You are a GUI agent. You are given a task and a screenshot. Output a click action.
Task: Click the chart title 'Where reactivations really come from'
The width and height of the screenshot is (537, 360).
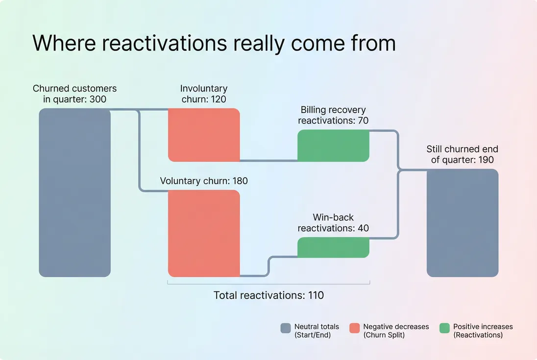coord(214,43)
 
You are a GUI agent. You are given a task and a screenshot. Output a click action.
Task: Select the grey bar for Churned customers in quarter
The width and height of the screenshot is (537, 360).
coord(74,192)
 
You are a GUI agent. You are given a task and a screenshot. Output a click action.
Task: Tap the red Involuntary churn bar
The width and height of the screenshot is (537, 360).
coord(204,135)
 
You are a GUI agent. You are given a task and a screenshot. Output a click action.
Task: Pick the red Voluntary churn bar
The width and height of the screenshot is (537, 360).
coord(204,234)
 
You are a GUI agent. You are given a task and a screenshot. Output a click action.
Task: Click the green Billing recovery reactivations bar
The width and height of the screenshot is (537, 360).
coord(333,146)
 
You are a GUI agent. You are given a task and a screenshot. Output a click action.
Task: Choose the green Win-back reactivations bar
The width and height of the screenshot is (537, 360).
coord(333,247)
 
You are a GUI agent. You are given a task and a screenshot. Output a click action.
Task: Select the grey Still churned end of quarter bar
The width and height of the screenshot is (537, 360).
coord(463,223)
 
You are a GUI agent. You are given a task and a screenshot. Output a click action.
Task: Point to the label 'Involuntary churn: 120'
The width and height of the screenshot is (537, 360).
coord(204,94)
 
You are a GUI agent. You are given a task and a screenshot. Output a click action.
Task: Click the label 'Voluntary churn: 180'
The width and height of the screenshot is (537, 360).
coord(204,181)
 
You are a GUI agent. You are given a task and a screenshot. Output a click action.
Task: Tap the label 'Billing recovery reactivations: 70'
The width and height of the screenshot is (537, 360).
coord(333,115)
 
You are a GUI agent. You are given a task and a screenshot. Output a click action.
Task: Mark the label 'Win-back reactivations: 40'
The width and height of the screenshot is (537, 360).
coord(333,222)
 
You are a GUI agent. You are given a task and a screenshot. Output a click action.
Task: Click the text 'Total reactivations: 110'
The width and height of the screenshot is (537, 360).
coord(268,295)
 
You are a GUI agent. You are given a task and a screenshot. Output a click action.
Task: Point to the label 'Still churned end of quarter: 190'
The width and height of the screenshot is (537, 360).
coord(463,154)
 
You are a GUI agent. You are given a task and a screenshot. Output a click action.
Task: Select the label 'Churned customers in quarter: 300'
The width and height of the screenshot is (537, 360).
coord(74,94)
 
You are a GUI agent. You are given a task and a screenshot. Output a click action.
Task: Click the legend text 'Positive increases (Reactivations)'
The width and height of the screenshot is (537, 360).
coord(483,331)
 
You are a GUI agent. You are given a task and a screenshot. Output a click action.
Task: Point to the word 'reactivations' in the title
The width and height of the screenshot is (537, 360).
coord(164,43)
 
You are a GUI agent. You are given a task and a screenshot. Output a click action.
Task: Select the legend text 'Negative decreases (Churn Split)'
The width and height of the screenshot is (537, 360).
coord(395,331)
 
